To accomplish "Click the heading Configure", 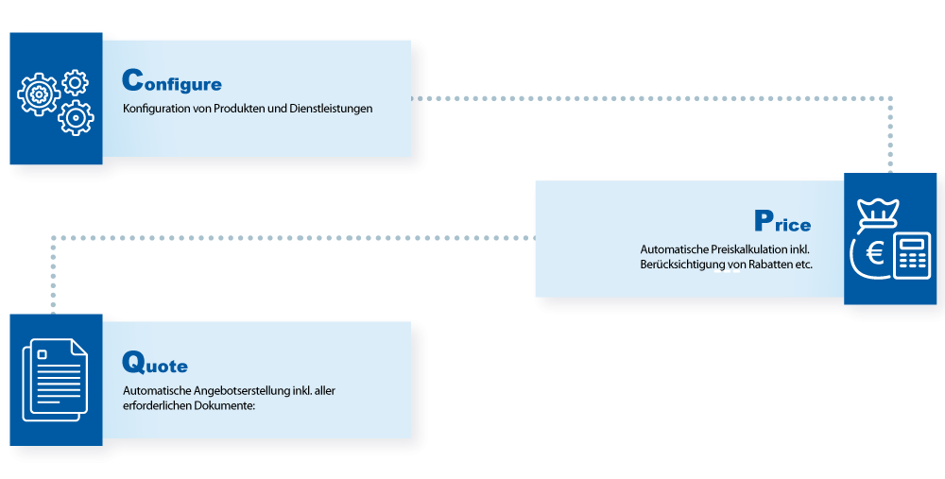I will [x=172, y=81].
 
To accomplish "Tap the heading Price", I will [x=782, y=221].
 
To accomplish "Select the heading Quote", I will [x=155, y=363].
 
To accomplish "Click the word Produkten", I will [x=237, y=109].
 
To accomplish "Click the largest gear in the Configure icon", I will [x=39, y=94].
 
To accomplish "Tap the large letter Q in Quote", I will [x=133, y=361].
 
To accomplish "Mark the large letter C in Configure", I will [x=133, y=79].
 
